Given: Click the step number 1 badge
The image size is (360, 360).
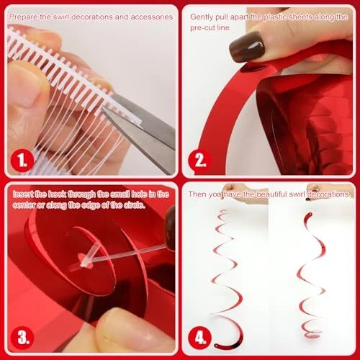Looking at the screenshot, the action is (22, 160).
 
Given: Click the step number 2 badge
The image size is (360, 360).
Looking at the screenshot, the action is (199, 160).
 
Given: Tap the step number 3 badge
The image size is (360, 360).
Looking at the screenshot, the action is (22, 337).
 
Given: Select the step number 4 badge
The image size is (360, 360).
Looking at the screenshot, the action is (199, 337).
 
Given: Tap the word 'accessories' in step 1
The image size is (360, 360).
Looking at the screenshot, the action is (152, 17).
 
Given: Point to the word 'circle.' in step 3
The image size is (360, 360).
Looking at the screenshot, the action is (135, 205).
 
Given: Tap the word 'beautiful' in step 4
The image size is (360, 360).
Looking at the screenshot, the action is (271, 194).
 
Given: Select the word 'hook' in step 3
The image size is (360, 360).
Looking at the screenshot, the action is (57, 194).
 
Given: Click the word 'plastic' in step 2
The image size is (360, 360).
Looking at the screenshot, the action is (275, 17).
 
